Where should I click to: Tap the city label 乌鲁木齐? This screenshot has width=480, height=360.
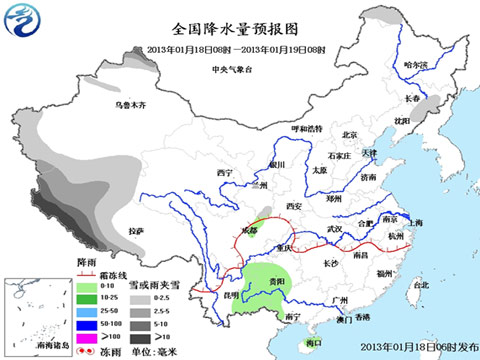[131, 105]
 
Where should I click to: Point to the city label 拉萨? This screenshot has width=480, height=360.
[136, 231]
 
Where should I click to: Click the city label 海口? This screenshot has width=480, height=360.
[314, 342]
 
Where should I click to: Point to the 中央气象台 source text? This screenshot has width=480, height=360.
[232, 68]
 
